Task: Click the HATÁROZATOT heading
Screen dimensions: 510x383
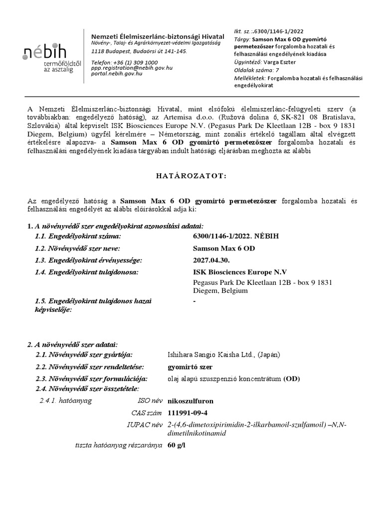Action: click(192, 176)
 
